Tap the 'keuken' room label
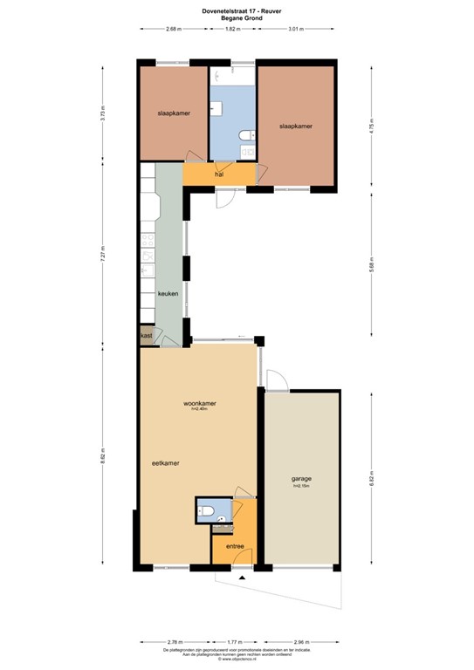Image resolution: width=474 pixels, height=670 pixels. point(168,294)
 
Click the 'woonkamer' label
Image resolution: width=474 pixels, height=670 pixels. point(200,404)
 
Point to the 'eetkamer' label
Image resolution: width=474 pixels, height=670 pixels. point(165,463)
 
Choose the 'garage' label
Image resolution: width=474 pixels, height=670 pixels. point(302,479)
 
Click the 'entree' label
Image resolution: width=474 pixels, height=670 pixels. point(235,546)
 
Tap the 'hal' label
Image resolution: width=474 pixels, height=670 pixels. point(219,174)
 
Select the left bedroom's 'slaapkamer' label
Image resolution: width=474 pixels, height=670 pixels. point(174,113)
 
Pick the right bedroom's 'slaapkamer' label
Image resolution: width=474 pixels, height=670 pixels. point(295,126)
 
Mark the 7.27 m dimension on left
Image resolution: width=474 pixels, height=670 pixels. point(103,256)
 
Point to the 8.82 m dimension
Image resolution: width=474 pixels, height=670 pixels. point(103,457)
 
